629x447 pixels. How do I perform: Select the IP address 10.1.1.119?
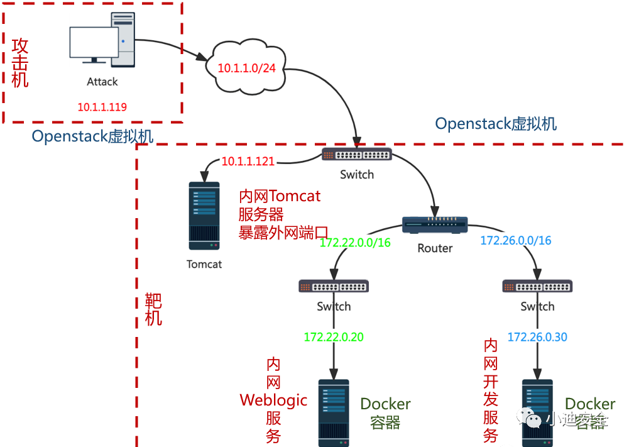[102, 107]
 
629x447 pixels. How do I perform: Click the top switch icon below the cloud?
[357, 155]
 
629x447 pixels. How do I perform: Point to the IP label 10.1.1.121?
[248, 162]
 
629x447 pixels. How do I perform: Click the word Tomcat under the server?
[204, 264]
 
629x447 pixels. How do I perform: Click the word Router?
[435, 248]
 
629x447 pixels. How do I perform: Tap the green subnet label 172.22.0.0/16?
[355, 241]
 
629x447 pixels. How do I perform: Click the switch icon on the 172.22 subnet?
[334, 286]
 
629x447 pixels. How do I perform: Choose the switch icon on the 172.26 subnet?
[538, 286]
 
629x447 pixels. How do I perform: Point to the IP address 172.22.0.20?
[334, 337]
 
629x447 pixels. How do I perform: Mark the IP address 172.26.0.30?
[538, 337]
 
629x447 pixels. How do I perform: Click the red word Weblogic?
[273, 400]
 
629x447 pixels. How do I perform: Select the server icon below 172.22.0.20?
[334, 412]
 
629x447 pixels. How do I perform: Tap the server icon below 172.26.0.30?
[538, 412]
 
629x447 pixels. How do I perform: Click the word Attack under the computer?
[102, 82]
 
